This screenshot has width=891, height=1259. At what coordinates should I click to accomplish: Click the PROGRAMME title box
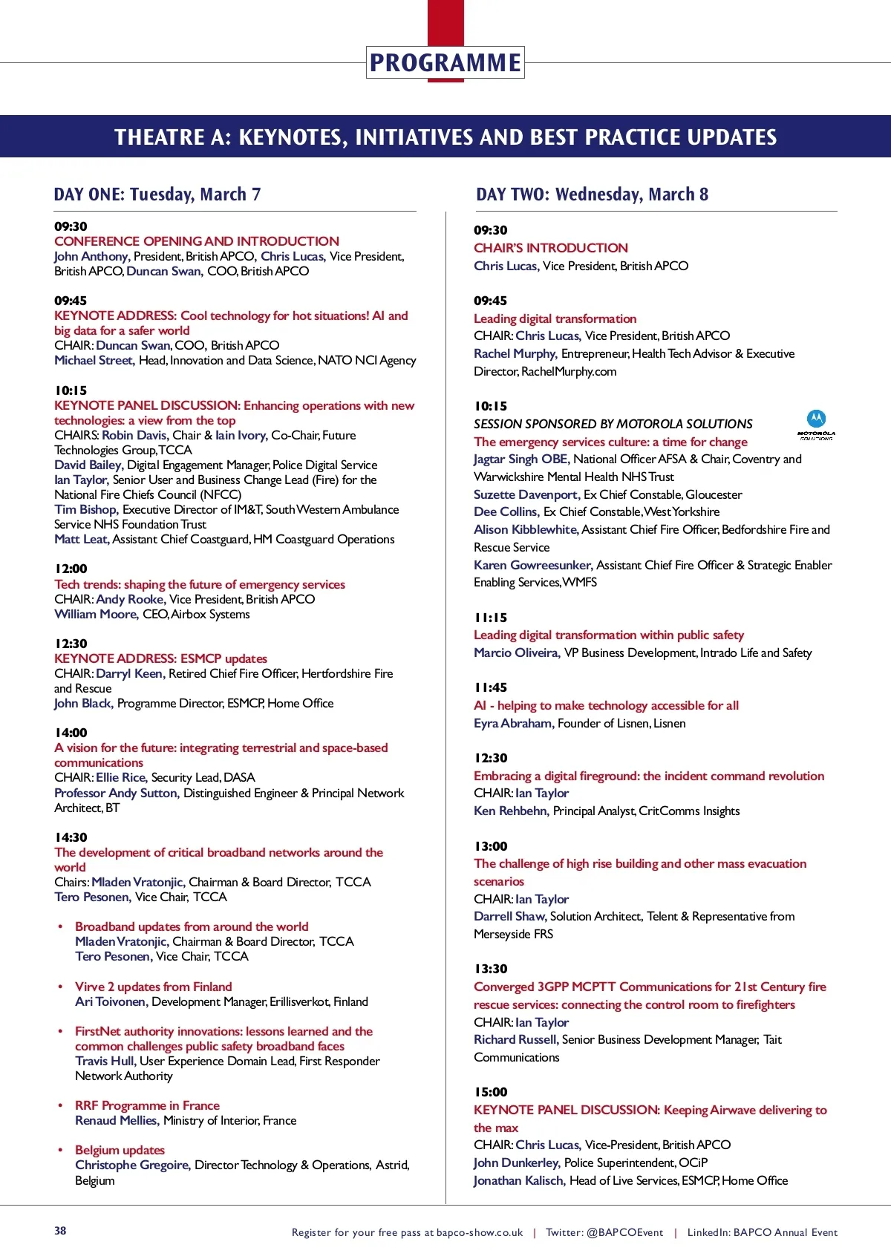[445, 63]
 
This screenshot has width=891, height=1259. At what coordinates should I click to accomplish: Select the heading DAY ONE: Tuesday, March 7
[157, 194]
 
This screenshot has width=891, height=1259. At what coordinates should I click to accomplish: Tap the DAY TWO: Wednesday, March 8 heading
[592, 194]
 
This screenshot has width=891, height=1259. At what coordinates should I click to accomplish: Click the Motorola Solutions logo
[816, 425]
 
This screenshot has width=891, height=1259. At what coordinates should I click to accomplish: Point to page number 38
[60, 1230]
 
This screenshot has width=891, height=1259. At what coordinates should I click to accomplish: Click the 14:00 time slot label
[71, 733]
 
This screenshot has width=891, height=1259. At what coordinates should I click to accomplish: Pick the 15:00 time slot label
[491, 1092]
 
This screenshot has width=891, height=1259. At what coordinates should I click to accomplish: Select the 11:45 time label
[491, 687]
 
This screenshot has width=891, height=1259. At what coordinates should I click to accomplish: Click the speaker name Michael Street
[94, 360]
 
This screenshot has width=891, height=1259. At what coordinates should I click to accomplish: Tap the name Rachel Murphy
[515, 353]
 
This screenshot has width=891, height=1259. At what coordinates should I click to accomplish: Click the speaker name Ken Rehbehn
[511, 811]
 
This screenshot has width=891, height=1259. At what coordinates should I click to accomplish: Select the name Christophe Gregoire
[133, 1165]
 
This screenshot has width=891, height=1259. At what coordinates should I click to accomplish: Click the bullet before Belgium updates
[60, 1150]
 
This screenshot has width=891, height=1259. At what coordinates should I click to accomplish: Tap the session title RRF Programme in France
[147, 1105]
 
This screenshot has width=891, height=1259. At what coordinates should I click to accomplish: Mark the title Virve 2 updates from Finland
[153, 987]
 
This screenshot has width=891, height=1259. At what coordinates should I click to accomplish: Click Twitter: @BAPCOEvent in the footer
[604, 1232]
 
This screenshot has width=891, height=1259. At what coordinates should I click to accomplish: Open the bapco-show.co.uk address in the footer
[480, 1232]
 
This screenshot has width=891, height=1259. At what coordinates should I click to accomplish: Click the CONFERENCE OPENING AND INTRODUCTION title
[197, 241]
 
